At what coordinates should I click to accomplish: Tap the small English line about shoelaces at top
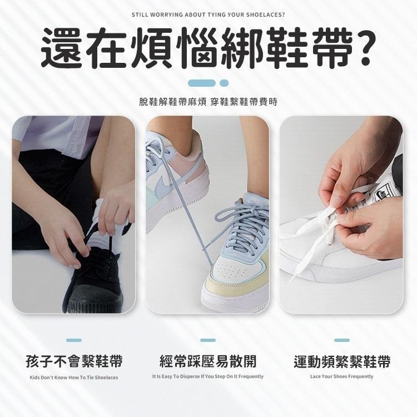click(209, 16)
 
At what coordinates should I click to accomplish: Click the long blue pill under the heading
click(201, 83)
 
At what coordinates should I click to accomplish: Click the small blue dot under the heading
click(225, 83)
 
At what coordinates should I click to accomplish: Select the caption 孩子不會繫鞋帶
click(74, 361)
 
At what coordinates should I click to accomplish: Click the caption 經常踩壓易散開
click(208, 361)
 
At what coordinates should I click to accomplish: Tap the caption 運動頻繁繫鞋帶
click(342, 361)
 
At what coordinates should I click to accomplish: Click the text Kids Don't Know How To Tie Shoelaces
click(74, 378)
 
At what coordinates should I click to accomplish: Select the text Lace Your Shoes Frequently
click(342, 376)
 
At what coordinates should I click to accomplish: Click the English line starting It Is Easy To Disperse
click(208, 376)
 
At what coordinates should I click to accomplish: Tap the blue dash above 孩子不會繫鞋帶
click(74, 340)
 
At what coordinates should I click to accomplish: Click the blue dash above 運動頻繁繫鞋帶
click(342, 340)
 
